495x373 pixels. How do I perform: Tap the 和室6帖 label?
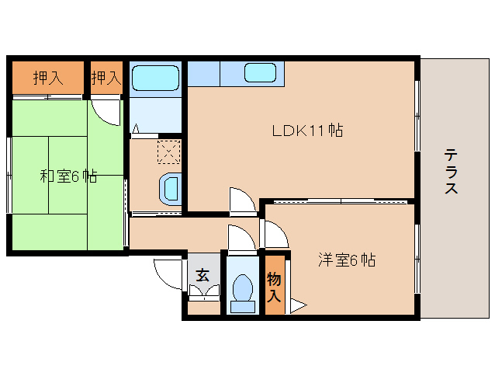coord(68,176)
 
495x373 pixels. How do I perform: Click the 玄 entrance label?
coord(202,274)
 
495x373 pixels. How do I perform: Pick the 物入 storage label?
coord(274,286)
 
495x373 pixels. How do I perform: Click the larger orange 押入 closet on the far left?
coord(47,77)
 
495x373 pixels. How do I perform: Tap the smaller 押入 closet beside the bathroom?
coord(106,77)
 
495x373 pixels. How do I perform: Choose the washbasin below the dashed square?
coord(169,188)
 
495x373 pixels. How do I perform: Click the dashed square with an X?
coord(168,150)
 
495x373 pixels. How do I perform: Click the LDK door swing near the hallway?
coord(242,200)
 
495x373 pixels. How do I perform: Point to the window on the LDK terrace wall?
coord(418,117)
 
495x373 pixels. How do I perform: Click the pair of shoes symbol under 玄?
coord(204,292)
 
